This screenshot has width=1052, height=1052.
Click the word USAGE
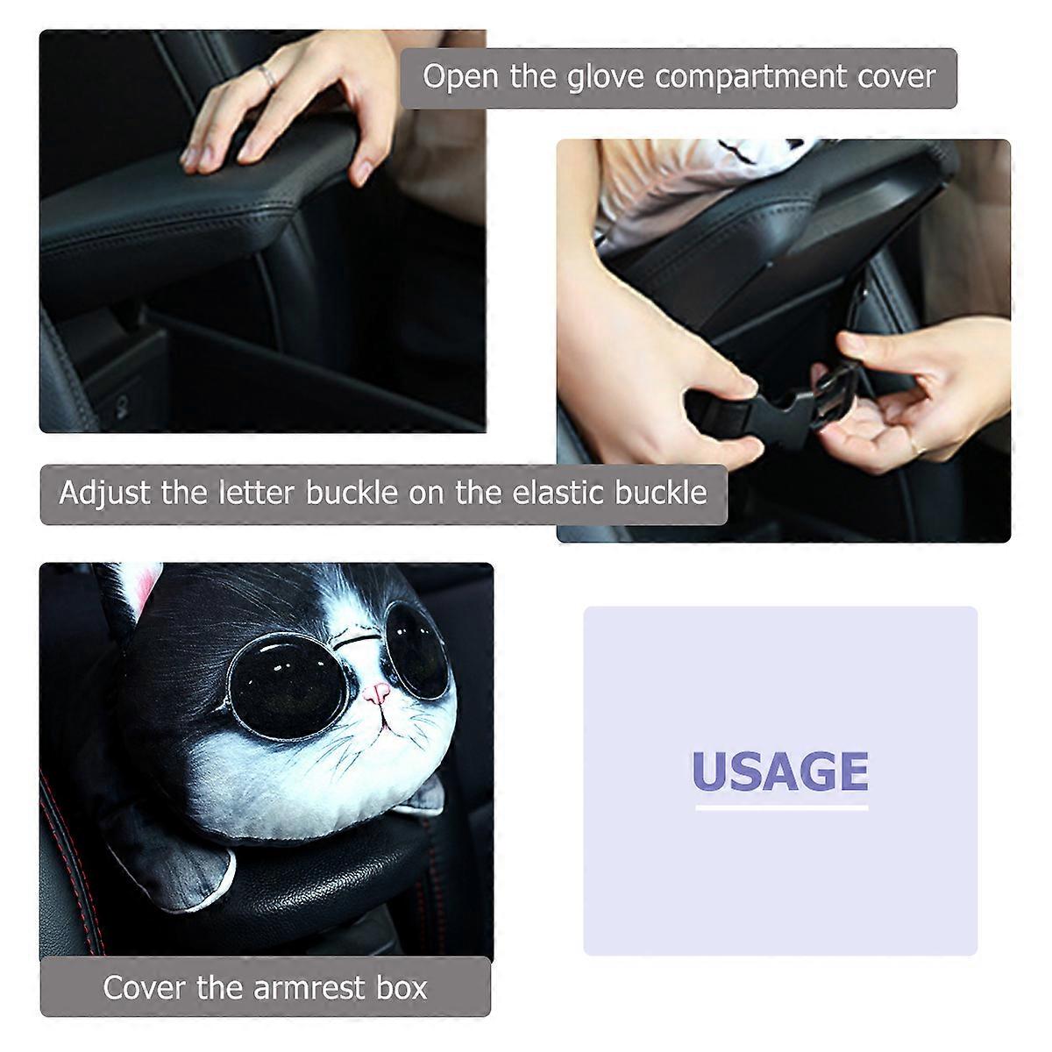[x=779, y=771]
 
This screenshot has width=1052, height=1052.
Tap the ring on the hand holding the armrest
[x=271, y=78]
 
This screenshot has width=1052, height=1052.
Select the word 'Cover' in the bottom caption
[x=145, y=987]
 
